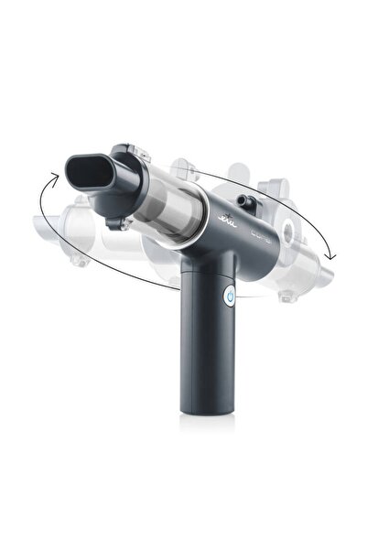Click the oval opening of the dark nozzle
click(x=88, y=172)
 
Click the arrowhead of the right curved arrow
click(x=330, y=253)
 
